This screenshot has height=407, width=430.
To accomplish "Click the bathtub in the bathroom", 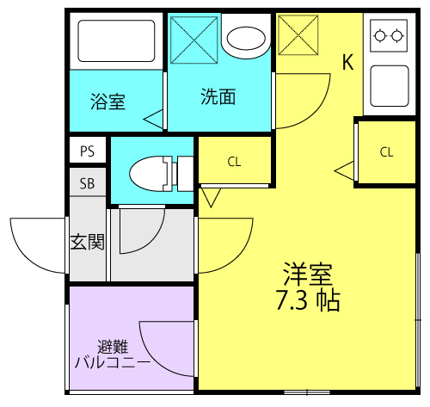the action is click(x=116, y=40).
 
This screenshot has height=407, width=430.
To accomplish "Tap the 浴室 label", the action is click(x=107, y=102).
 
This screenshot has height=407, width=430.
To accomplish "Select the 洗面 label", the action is click(x=218, y=96).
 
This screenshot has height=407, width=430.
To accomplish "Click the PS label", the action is click(x=88, y=151).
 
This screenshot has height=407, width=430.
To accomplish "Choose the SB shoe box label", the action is click(x=87, y=183).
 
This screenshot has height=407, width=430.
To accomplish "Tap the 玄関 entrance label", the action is click(x=88, y=241).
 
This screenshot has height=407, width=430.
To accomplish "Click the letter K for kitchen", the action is click(x=348, y=62).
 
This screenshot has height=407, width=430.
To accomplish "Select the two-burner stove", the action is click(x=389, y=35).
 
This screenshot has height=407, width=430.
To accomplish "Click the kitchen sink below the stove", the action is click(x=390, y=86).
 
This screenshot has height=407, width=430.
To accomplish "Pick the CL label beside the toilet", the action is click(x=234, y=162).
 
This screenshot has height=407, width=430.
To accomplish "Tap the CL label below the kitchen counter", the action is click(x=386, y=152).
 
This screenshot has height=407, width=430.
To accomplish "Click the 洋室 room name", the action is click(x=308, y=274).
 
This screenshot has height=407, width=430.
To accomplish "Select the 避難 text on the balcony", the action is click(x=113, y=347).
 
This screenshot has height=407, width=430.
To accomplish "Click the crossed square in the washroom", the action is click(x=194, y=40).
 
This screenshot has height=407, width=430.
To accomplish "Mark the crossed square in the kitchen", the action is click(x=298, y=35).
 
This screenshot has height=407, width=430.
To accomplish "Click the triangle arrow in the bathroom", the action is click(x=153, y=119).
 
